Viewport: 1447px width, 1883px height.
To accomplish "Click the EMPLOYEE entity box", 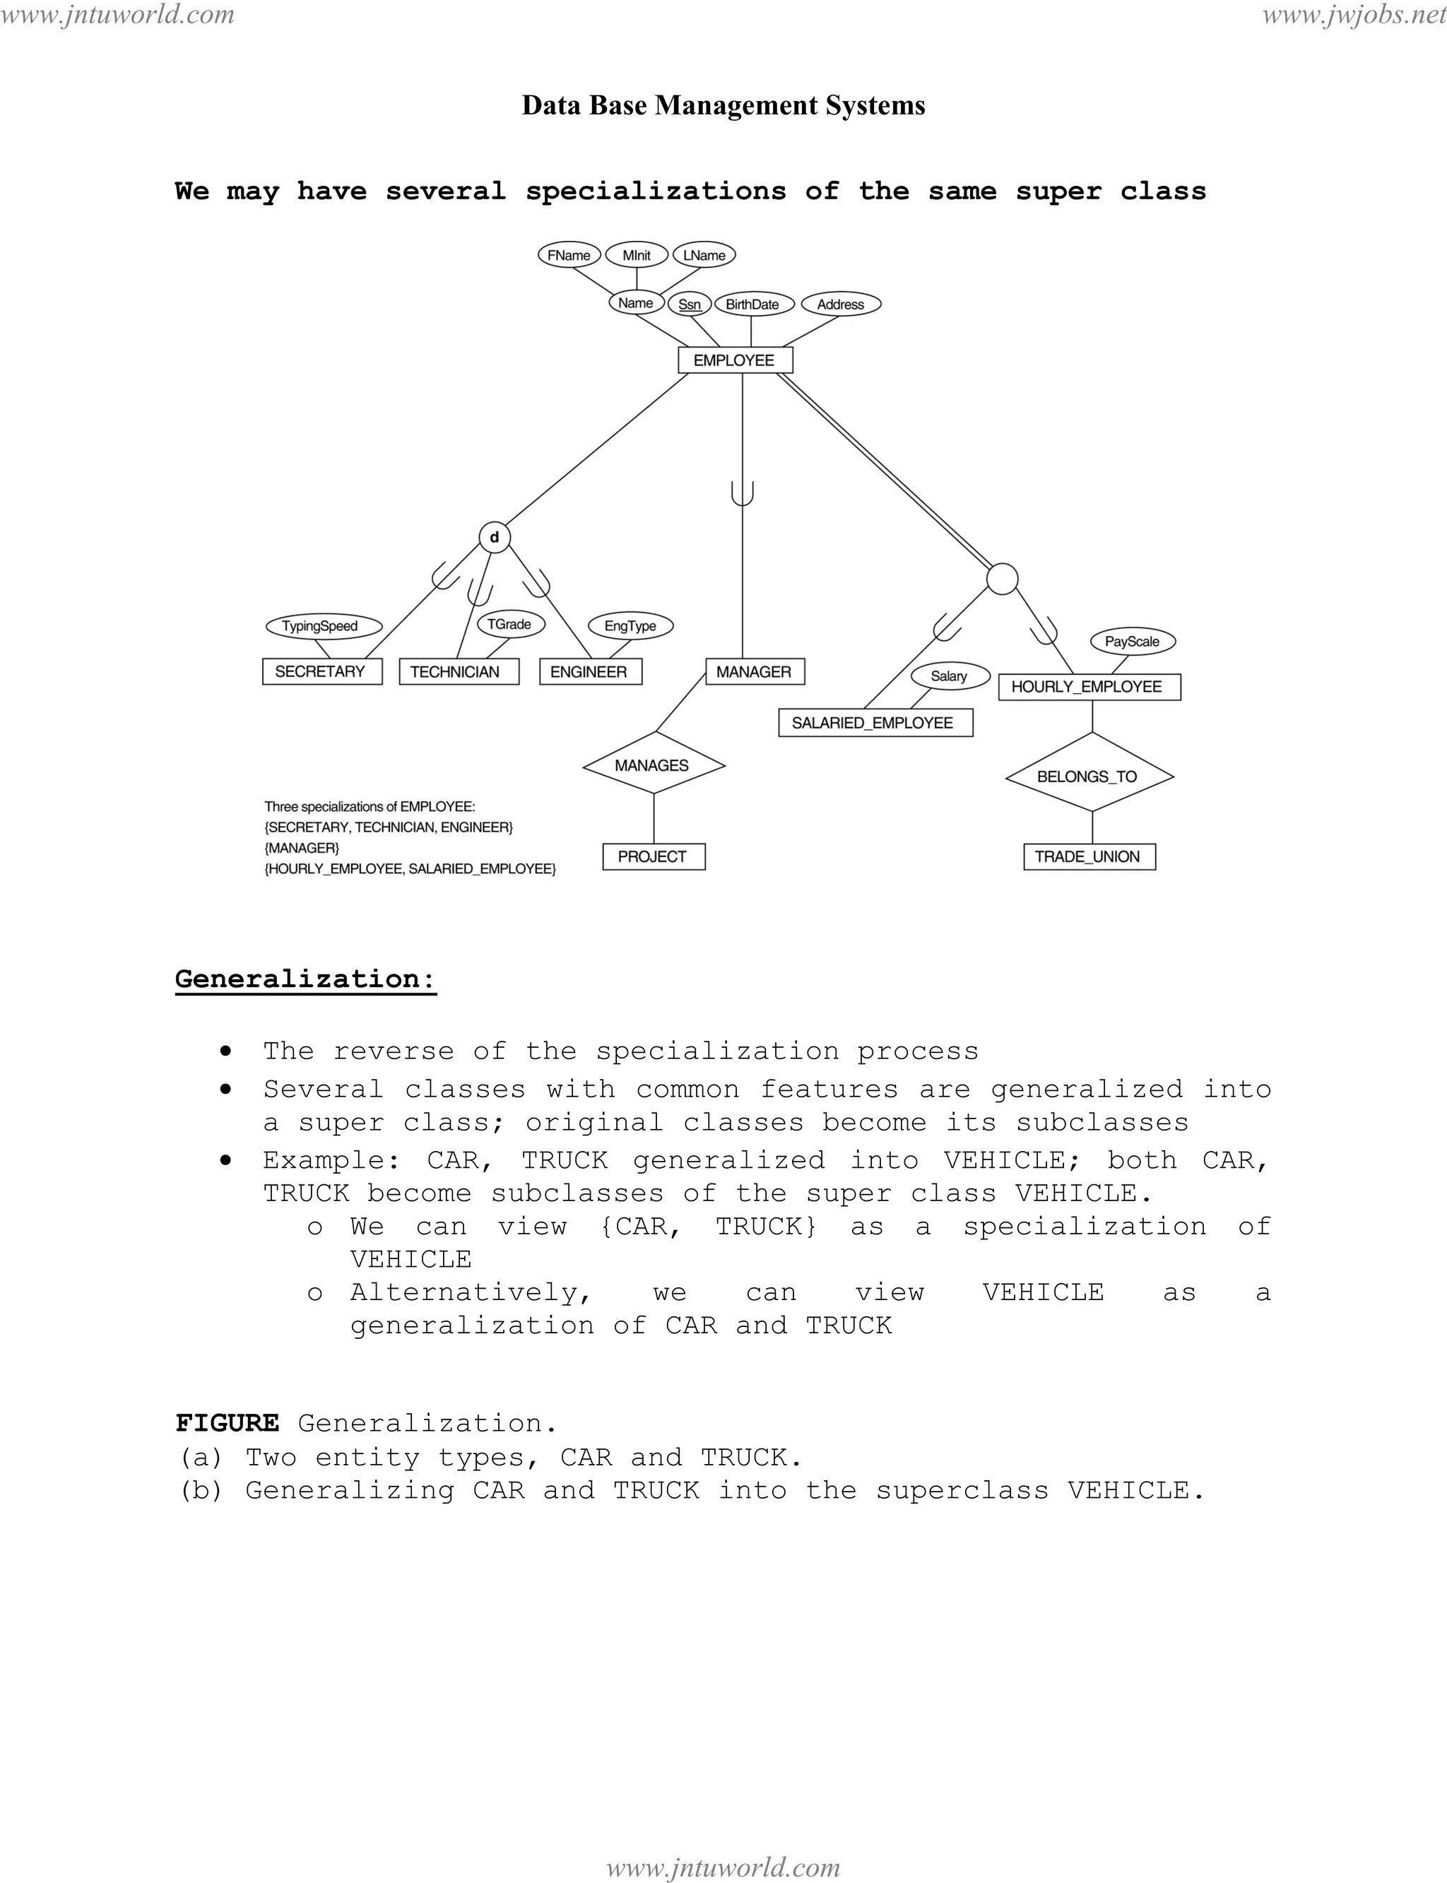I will (x=735, y=360).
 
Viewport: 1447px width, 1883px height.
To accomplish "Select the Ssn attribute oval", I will (x=689, y=304).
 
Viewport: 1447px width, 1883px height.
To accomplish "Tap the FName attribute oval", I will (x=569, y=255).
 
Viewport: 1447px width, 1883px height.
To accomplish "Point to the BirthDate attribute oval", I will (x=752, y=304).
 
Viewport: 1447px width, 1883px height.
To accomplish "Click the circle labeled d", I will (x=495, y=538).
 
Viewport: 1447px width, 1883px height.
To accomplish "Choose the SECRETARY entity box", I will (x=321, y=671).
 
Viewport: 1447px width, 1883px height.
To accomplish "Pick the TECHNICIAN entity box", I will (x=459, y=671).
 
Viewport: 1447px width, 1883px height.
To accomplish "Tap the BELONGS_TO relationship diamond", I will (x=1089, y=775).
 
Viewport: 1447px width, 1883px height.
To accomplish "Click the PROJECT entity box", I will (x=653, y=856).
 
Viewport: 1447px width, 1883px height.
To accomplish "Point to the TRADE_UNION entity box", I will (x=1089, y=856).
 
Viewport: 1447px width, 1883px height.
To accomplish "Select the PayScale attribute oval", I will (x=1132, y=641).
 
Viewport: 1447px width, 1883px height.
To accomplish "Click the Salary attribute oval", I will (x=948, y=676).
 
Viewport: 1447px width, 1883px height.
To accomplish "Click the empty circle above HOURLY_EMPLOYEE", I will (x=1002, y=579).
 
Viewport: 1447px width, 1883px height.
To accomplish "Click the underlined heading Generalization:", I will (x=305, y=979).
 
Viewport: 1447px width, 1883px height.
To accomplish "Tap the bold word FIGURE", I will (x=228, y=1423).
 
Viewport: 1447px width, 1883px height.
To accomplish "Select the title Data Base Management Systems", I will (x=723, y=105).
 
